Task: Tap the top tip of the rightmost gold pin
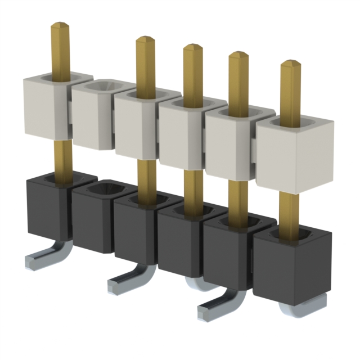coord(290,63)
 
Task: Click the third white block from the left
coord(135,127)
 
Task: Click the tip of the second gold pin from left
coord(145,40)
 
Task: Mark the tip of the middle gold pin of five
coord(193,48)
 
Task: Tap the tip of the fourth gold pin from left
coord(238,55)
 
